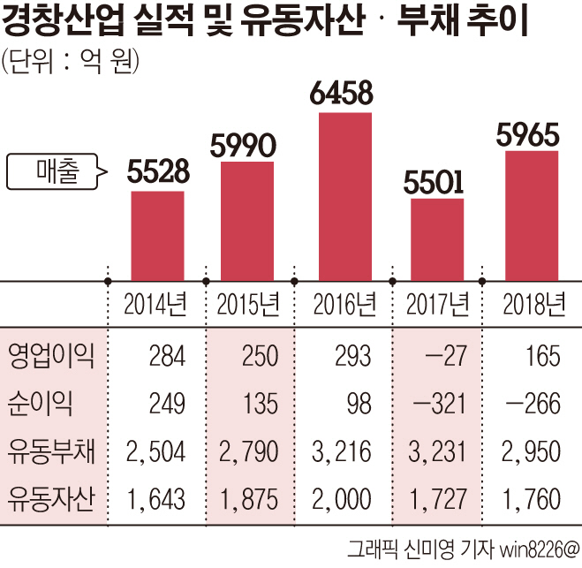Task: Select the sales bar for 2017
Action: [437, 239]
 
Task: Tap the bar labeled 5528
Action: [157, 236]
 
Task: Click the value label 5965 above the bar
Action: [528, 134]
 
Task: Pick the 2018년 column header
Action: [533, 305]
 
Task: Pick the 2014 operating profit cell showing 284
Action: [167, 357]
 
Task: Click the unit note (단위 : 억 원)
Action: [71, 64]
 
